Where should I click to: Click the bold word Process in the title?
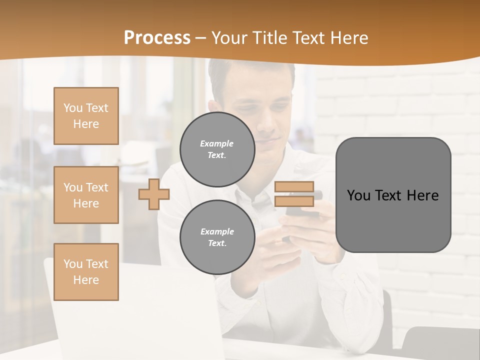[157, 38]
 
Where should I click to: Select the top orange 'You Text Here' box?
[86, 116]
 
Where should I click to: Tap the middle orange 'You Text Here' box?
[86, 195]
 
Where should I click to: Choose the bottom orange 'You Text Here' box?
[86, 272]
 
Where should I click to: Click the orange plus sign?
[154, 194]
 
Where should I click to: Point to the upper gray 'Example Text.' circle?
[217, 149]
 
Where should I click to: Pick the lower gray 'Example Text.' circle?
[217, 237]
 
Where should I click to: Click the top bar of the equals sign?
[294, 187]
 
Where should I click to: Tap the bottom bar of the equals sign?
[294, 201]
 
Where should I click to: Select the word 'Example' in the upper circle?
[217, 143]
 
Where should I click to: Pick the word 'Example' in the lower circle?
[217, 231]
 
